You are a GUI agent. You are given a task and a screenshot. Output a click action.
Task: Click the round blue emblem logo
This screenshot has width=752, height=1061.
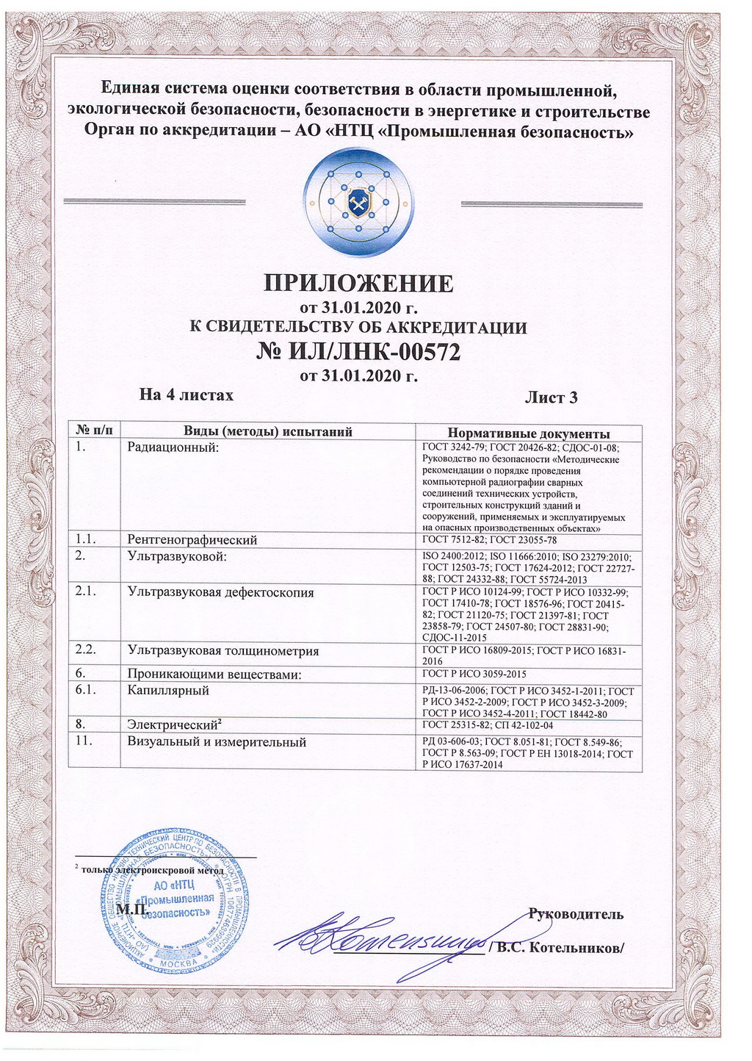click(x=358, y=203)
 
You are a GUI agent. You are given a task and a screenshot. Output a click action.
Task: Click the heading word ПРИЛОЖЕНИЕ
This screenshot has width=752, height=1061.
click(x=358, y=283)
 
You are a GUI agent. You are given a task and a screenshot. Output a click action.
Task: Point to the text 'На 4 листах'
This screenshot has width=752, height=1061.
click(x=187, y=395)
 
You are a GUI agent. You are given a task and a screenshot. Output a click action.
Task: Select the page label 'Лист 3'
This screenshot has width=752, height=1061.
click(x=551, y=398)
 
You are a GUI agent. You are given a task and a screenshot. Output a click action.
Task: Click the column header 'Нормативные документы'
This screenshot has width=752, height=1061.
click(x=529, y=433)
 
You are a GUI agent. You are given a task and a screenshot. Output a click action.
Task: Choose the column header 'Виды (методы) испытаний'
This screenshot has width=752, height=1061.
click(x=267, y=432)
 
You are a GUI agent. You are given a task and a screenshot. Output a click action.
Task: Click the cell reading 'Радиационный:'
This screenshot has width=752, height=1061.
click(x=173, y=447)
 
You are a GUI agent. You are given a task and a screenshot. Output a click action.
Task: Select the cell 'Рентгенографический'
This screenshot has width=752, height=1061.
click(x=192, y=540)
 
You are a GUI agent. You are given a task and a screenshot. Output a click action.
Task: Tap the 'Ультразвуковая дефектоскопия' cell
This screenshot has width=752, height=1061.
click(x=220, y=592)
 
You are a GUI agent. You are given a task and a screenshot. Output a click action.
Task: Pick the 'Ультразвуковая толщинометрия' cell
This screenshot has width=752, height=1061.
click(x=223, y=650)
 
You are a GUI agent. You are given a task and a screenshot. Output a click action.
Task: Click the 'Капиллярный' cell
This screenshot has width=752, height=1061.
click(x=168, y=691)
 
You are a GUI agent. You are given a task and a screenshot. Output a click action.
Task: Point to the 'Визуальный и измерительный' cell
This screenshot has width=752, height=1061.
click(x=217, y=742)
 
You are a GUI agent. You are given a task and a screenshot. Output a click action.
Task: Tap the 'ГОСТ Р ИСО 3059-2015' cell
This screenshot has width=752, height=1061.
click(x=474, y=674)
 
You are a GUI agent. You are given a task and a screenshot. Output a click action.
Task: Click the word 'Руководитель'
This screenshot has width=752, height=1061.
click(x=576, y=914)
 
